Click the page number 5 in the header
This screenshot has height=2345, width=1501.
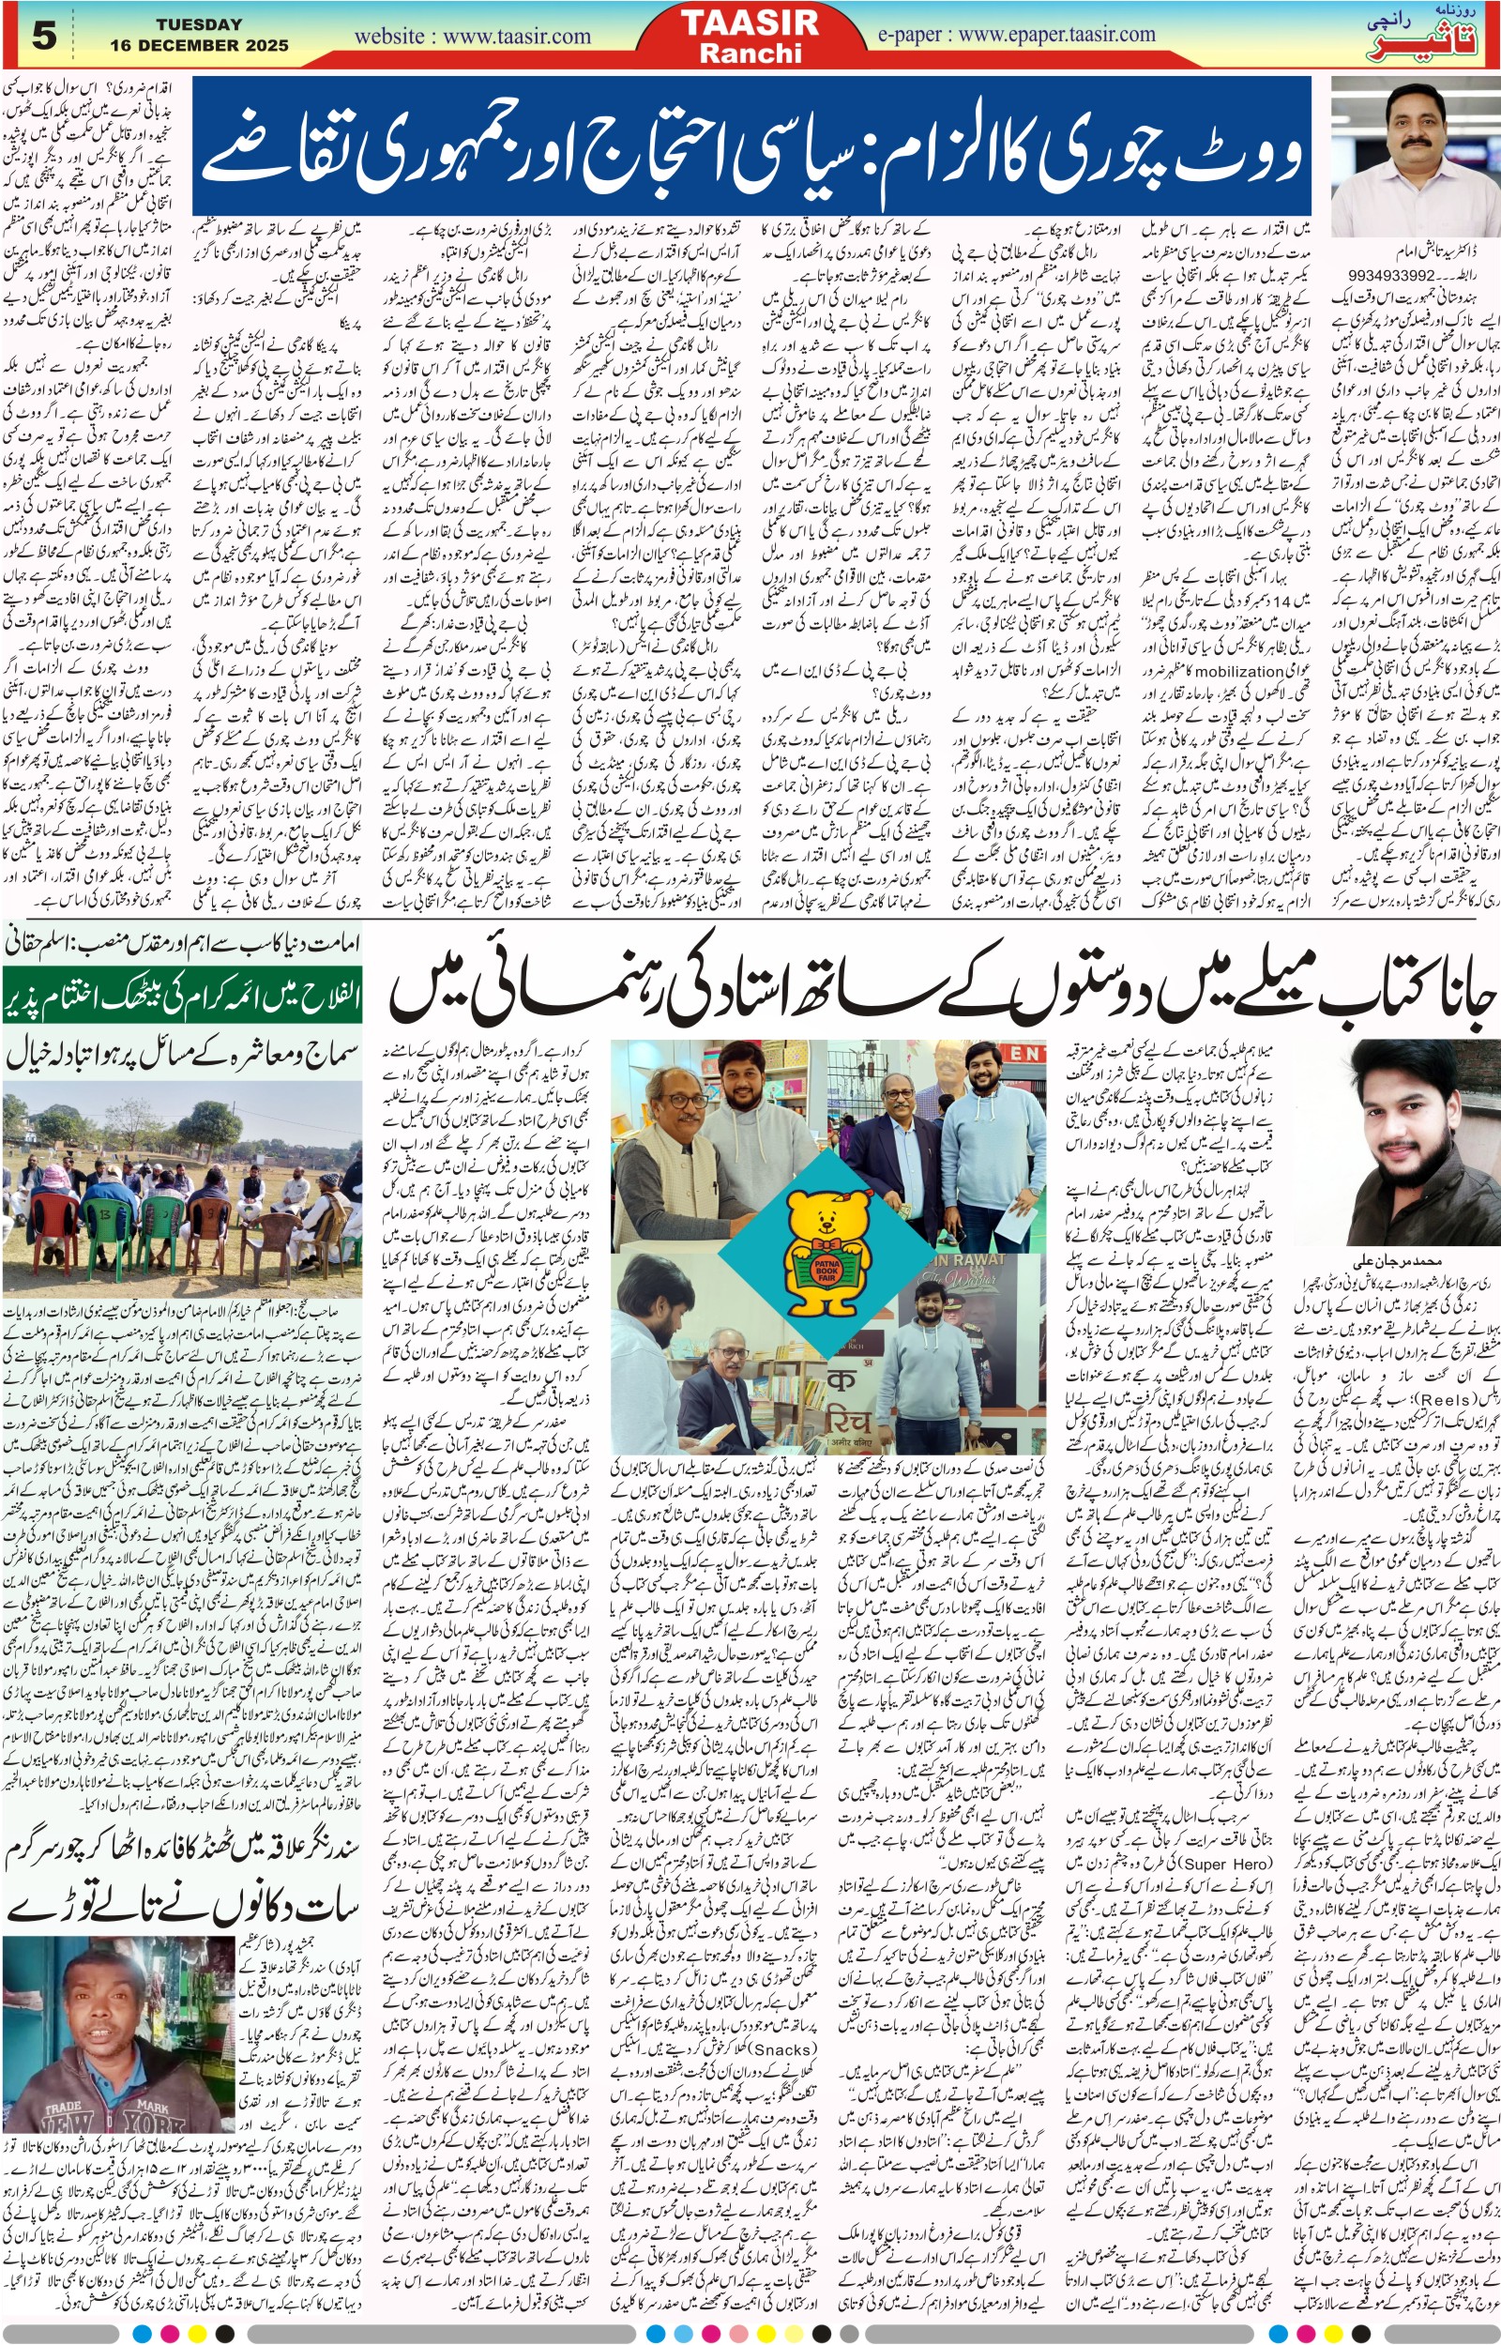click(x=45, y=36)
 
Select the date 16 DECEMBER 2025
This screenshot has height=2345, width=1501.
click(x=199, y=45)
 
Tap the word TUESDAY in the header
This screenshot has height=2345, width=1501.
click(x=199, y=23)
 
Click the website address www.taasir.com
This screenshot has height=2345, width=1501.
click(x=472, y=37)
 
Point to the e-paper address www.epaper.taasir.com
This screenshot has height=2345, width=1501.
click(x=1016, y=35)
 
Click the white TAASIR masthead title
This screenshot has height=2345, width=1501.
click(x=750, y=23)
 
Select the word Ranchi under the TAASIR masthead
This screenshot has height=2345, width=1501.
click(x=750, y=53)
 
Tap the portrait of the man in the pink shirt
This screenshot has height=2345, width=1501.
click(x=1415, y=156)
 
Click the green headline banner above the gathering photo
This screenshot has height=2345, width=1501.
click(x=182, y=994)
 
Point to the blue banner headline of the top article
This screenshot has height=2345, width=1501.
click(x=750, y=146)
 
